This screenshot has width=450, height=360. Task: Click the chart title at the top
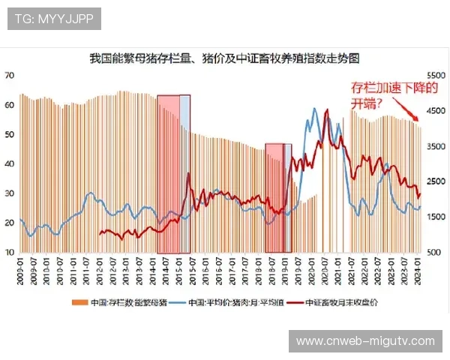[x=224, y=58]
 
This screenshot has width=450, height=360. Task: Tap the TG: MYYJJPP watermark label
[x=54, y=19]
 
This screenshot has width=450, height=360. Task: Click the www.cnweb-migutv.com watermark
[x=365, y=341]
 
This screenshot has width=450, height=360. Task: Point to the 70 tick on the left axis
[x=10, y=76]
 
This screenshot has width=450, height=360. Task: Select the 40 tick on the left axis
[x=10, y=164]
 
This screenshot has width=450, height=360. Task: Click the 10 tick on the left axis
[x=10, y=253]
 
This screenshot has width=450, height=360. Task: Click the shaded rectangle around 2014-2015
[x=173, y=173]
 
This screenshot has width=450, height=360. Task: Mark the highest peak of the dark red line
[x=326, y=111]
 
